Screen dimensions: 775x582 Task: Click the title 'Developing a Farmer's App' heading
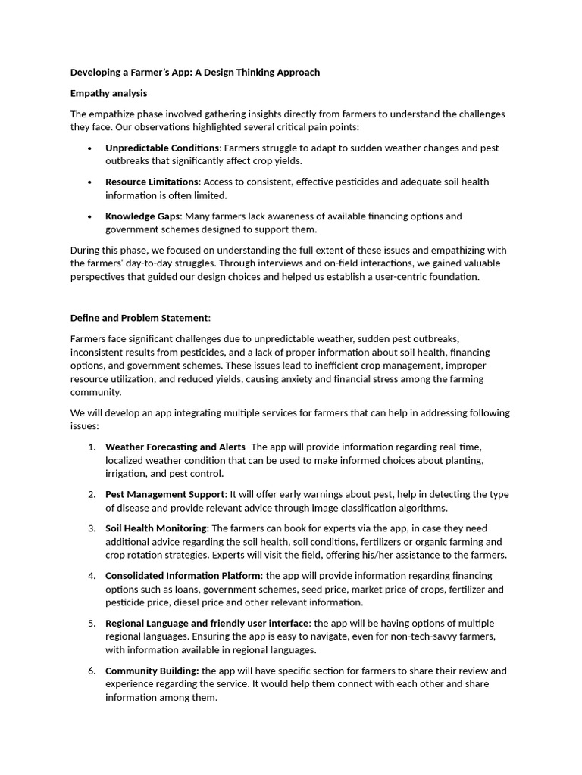[195, 73]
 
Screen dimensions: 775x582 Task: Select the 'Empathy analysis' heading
[108, 93]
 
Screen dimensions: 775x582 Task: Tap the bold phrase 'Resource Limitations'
[152, 182]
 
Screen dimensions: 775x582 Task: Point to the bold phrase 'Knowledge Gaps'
[142, 216]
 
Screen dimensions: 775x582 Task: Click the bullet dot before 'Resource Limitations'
[90, 182]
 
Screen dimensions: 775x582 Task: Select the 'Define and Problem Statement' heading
[139, 318]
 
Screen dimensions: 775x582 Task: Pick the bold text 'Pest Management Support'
[165, 494]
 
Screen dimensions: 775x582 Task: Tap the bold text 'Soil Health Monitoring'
[155, 528]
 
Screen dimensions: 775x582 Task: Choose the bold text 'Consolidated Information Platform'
[183, 576]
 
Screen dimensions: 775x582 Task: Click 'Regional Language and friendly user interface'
[207, 623]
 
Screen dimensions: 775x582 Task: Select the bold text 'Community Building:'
[152, 671]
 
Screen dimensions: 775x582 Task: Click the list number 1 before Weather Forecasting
[91, 447]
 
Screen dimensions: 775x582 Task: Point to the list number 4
[91, 576]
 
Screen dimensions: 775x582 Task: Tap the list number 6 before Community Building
[91, 671]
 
